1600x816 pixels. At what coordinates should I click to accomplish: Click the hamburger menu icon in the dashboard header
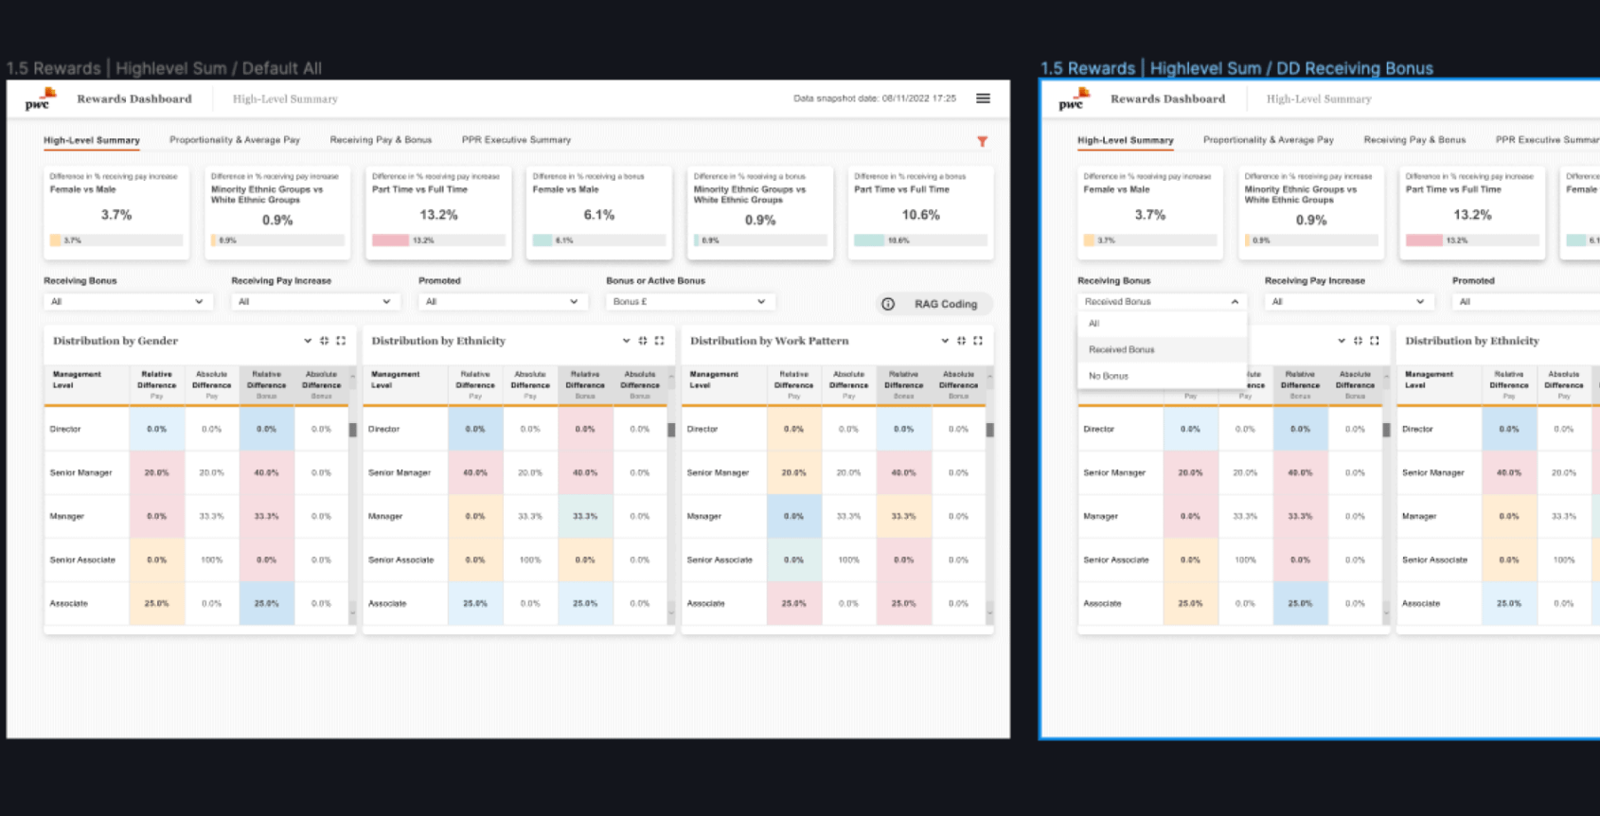point(983,98)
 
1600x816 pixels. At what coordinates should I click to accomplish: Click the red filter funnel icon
point(982,141)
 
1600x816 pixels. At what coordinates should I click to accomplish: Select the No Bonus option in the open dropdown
point(1108,376)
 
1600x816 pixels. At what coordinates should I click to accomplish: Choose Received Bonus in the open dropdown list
point(1121,349)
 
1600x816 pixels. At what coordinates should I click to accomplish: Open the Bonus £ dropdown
point(689,302)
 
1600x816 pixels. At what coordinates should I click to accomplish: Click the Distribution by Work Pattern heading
point(769,341)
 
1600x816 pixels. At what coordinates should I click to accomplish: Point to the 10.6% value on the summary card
point(920,215)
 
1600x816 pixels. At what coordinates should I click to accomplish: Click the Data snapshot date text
point(874,98)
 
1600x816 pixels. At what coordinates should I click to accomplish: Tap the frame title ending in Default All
point(164,68)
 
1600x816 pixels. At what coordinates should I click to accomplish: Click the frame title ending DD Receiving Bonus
point(1236,68)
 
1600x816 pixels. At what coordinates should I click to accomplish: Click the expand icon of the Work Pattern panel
point(978,341)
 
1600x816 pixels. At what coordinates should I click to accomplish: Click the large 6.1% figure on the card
point(598,215)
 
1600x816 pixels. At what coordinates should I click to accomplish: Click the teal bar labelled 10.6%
point(869,240)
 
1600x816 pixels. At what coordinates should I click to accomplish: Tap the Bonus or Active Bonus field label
point(655,281)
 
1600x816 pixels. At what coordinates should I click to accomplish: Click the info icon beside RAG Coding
point(888,304)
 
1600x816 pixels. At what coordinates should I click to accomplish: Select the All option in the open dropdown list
point(1094,324)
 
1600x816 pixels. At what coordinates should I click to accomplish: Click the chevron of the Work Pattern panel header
point(945,341)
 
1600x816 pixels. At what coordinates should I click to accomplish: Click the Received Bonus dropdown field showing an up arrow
point(1161,302)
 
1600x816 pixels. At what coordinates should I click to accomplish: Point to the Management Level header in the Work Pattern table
point(713,380)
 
